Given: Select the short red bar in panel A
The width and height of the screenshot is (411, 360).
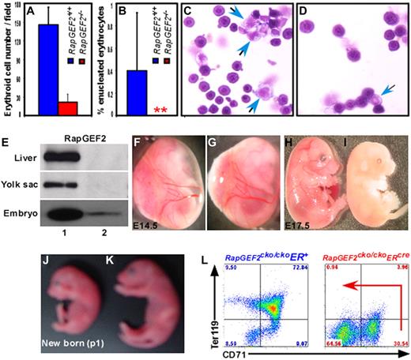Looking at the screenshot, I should coord(68,107).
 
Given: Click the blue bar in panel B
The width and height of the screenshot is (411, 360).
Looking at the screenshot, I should coord(137,92).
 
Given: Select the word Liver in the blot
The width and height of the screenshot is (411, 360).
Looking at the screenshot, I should coord(19,157).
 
